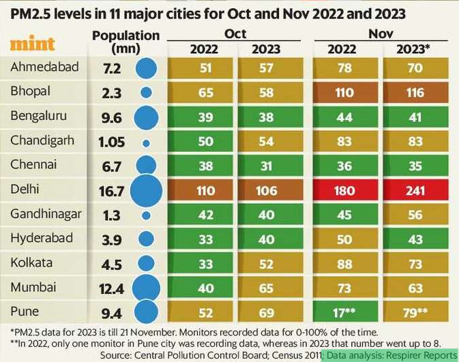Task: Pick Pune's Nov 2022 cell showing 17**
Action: click(345, 313)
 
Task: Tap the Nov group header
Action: click(382, 33)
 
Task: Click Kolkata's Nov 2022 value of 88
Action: click(345, 264)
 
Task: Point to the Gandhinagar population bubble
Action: click(145, 215)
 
